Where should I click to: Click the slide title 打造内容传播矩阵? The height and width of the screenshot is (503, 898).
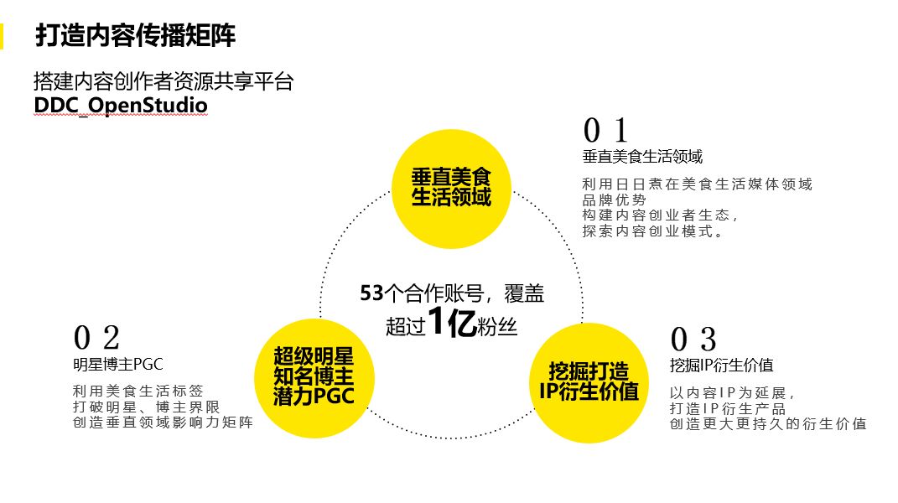point(135,36)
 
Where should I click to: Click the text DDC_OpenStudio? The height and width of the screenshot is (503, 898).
point(121,106)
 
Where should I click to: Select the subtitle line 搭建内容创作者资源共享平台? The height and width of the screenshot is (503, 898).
point(163,81)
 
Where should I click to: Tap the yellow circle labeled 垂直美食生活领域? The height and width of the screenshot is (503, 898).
point(451,188)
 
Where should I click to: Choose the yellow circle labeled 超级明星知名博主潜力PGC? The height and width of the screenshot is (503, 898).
point(314,377)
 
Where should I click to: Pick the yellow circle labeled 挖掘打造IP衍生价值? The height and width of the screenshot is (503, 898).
point(590,382)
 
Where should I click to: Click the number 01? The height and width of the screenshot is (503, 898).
point(605,131)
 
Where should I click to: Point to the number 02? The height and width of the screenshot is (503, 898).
point(97,339)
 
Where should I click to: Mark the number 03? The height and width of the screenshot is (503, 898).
point(693,340)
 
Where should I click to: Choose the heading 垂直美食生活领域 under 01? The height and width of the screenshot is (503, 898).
point(642,157)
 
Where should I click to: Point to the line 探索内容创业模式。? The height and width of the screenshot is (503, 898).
point(653,231)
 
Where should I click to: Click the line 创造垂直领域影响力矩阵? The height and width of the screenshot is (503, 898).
point(163,423)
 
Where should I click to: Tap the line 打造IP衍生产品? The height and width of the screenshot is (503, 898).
point(728,408)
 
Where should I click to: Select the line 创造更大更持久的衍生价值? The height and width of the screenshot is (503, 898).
point(767,424)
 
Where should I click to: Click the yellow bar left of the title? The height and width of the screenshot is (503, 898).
point(3,36)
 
